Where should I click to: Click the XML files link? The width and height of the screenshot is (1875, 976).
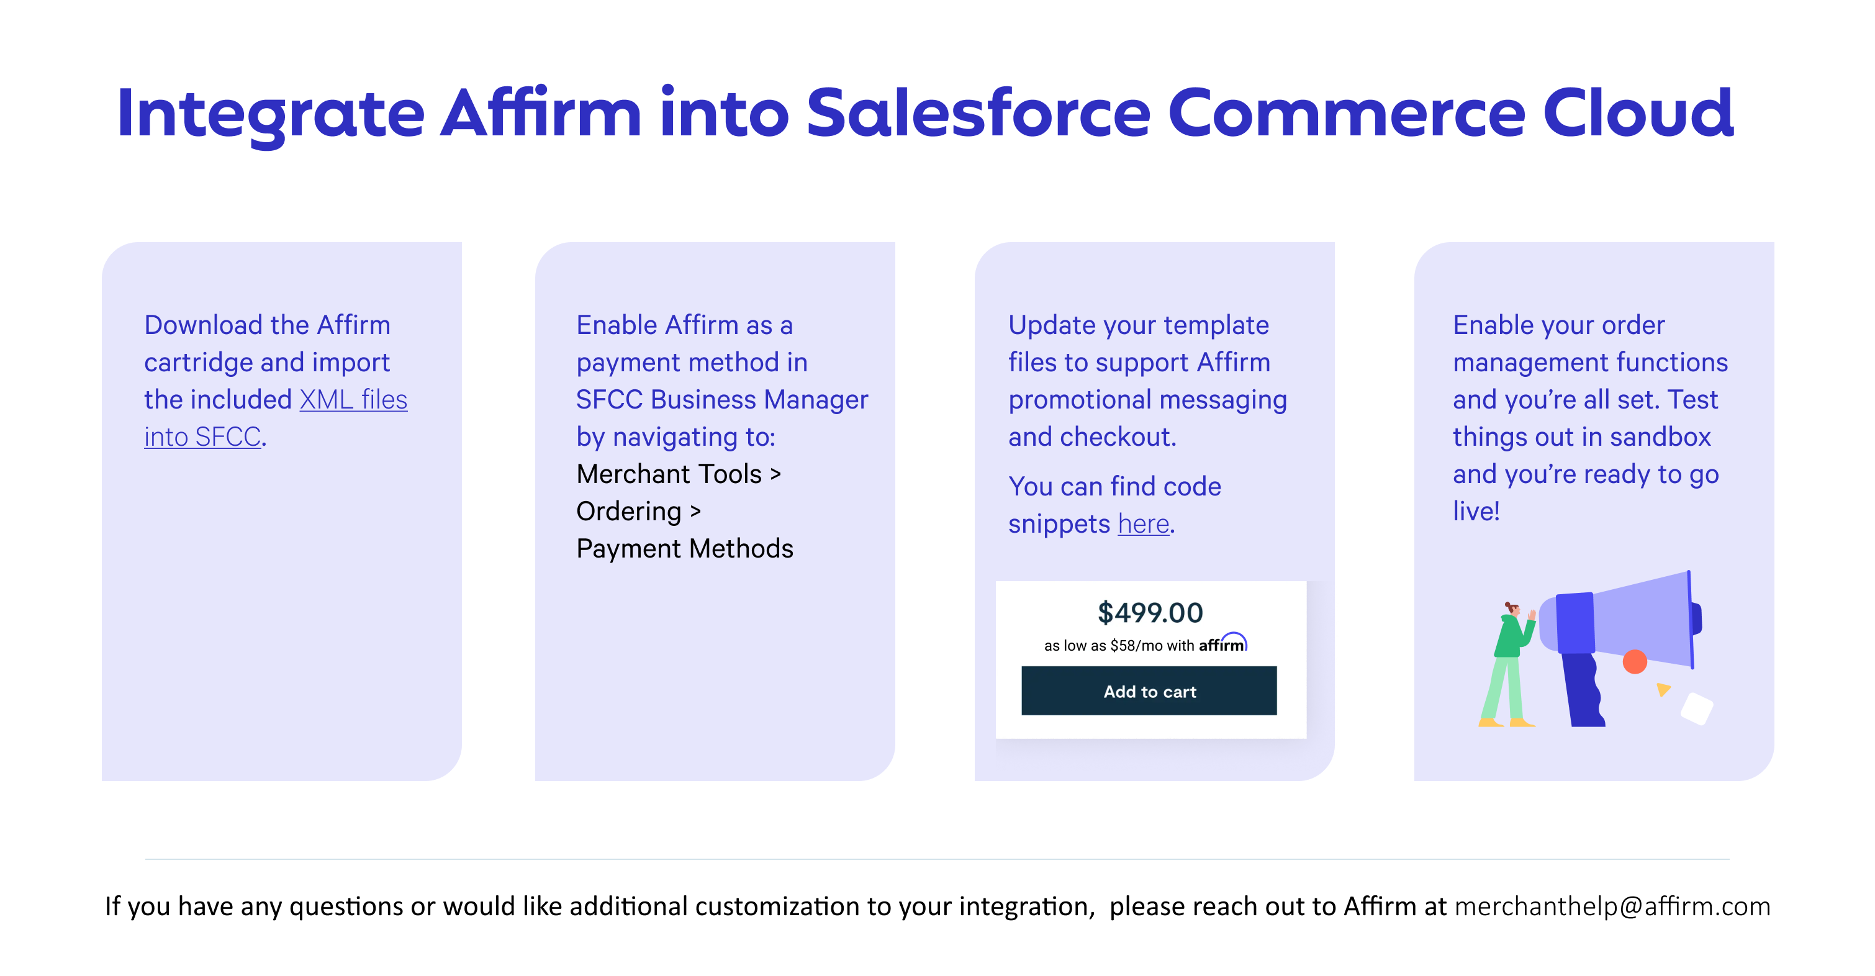(x=353, y=400)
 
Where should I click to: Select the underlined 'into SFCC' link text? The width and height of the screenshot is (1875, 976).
(x=202, y=436)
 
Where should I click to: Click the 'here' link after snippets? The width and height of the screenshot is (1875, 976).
(x=1144, y=524)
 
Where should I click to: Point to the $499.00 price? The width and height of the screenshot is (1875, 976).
(x=1150, y=613)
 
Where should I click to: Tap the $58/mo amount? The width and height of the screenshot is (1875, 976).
(x=1136, y=646)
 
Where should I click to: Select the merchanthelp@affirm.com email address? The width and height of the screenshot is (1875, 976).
(x=1612, y=906)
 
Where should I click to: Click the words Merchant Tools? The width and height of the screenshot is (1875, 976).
(x=669, y=474)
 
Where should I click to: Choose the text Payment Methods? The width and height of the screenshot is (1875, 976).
(x=685, y=549)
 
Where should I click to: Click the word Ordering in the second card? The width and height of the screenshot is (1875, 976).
(x=629, y=512)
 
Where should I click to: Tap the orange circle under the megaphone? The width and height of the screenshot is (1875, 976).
(x=1635, y=662)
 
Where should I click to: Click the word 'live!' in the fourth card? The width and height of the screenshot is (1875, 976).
(x=1476, y=511)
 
